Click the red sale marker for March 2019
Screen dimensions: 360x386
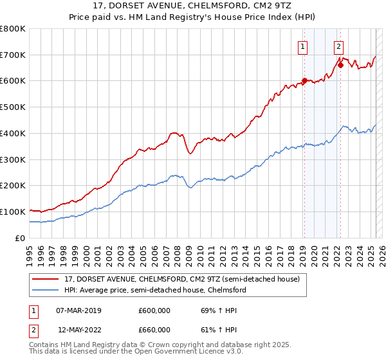(x=304, y=80)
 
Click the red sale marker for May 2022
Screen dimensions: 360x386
(x=340, y=64)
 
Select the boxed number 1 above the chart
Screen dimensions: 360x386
(x=302, y=46)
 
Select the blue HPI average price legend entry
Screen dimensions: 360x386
(x=154, y=291)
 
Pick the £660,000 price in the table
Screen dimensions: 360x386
(x=154, y=329)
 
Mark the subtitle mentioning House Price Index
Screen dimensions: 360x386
(x=193, y=19)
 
